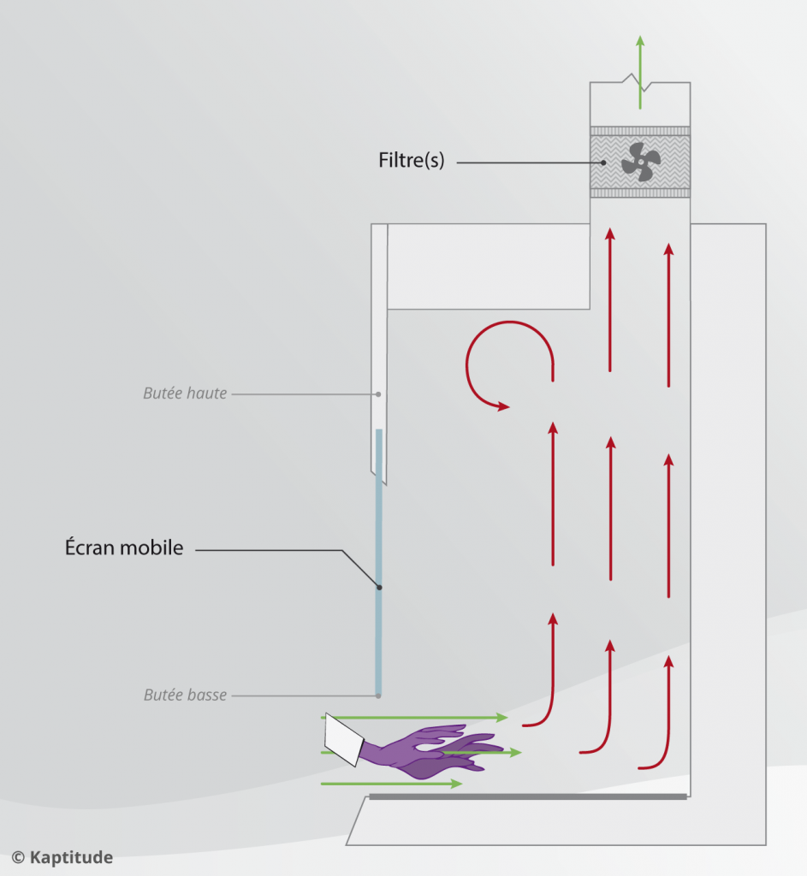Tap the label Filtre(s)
(x=411, y=160)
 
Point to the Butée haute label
(x=185, y=394)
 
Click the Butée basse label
(x=185, y=695)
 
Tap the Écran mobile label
(x=124, y=547)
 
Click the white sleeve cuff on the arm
(x=342, y=741)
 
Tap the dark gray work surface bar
(x=527, y=796)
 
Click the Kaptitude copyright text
(x=62, y=856)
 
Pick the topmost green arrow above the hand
(x=415, y=717)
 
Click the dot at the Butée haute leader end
(x=378, y=394)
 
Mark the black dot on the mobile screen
(x=379, y=587)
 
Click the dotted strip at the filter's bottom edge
(x=640, y=193)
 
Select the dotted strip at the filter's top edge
(x=640, y=131)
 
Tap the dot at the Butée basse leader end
(x=378, y=695)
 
